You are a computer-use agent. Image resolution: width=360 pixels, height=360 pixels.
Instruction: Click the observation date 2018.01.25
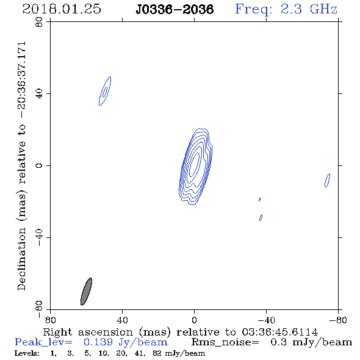(x=62, y=9)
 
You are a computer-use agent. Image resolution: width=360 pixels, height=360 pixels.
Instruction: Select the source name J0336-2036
(x=175, y=9)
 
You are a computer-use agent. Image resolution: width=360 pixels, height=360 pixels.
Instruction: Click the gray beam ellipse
(x=86, y=291)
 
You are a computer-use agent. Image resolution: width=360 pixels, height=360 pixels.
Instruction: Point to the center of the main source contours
(x=195, y=166)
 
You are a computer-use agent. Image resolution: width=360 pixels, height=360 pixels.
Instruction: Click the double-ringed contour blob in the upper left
(x=105, y=91)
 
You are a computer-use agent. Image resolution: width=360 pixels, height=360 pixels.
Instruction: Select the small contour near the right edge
(x=328, y=181)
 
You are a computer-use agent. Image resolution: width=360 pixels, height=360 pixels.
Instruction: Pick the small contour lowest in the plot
(x=261, y=217)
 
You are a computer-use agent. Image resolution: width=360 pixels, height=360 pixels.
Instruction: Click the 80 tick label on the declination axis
(x=39, y=22)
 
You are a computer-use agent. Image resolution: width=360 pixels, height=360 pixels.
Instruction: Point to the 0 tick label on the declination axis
(x=39, y=165)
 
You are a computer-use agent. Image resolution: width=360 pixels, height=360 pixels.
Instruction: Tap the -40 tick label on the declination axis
(x=39, y=237)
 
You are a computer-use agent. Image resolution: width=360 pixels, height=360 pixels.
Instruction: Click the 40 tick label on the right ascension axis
(x=122, y=320)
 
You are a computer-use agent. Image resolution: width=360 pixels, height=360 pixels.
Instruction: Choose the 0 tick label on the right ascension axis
(x=194, y=320)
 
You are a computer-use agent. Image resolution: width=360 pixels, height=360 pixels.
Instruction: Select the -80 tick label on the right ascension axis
(x=338, y=320)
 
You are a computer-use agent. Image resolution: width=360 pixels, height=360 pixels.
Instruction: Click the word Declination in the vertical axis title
(x=21, y=259)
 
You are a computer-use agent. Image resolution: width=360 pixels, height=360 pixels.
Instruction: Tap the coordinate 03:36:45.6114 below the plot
(x=280, y=332)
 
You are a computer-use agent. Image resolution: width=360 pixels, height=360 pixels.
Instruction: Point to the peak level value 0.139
(x=98, y=342)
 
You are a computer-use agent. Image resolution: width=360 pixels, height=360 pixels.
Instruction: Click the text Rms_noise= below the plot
(x=225, y=342)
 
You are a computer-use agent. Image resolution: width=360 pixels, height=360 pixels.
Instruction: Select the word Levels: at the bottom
(x=27, y=353)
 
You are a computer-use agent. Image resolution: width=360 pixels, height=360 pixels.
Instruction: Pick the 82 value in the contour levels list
(x=157, y=353)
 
